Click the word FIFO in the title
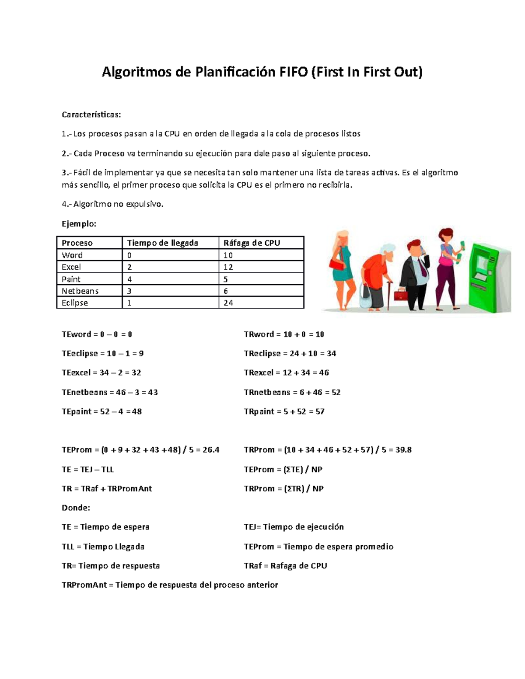tap(293, 72)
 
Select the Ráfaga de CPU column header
tap(252, 243)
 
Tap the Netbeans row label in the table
tap(80, 291)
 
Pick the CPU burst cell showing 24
tap(228, 303)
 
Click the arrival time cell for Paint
tap(129, 279)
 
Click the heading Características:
tap(91, 115)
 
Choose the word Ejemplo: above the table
tap(79, 224)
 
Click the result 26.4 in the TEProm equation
tap(211, 450)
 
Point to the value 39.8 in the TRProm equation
tap(403, 450)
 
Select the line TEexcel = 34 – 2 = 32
tap(101, 373)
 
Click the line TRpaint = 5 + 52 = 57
tap(284, 411)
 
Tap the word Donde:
tap(76, 508)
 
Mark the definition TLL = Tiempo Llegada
tap(103, 547)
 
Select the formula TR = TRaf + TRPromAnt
tap(107, 489)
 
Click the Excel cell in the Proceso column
tap(71, 267)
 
